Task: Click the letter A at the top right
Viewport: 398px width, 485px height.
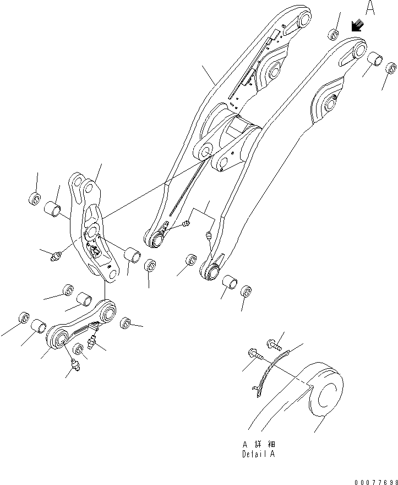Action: pos(370,9)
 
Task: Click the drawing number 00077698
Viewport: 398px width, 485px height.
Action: pos(372,480)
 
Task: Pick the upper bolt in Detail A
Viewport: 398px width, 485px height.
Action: pos(275,344)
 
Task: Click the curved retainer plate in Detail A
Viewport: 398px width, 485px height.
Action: pos(268,375)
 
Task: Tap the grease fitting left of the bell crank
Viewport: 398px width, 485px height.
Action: pos(55,256)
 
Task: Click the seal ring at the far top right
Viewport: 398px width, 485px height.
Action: pos(390,69)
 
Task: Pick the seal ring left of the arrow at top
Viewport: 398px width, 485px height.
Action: pos(334,35)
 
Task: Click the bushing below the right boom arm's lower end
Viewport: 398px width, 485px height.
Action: pos(230,284)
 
